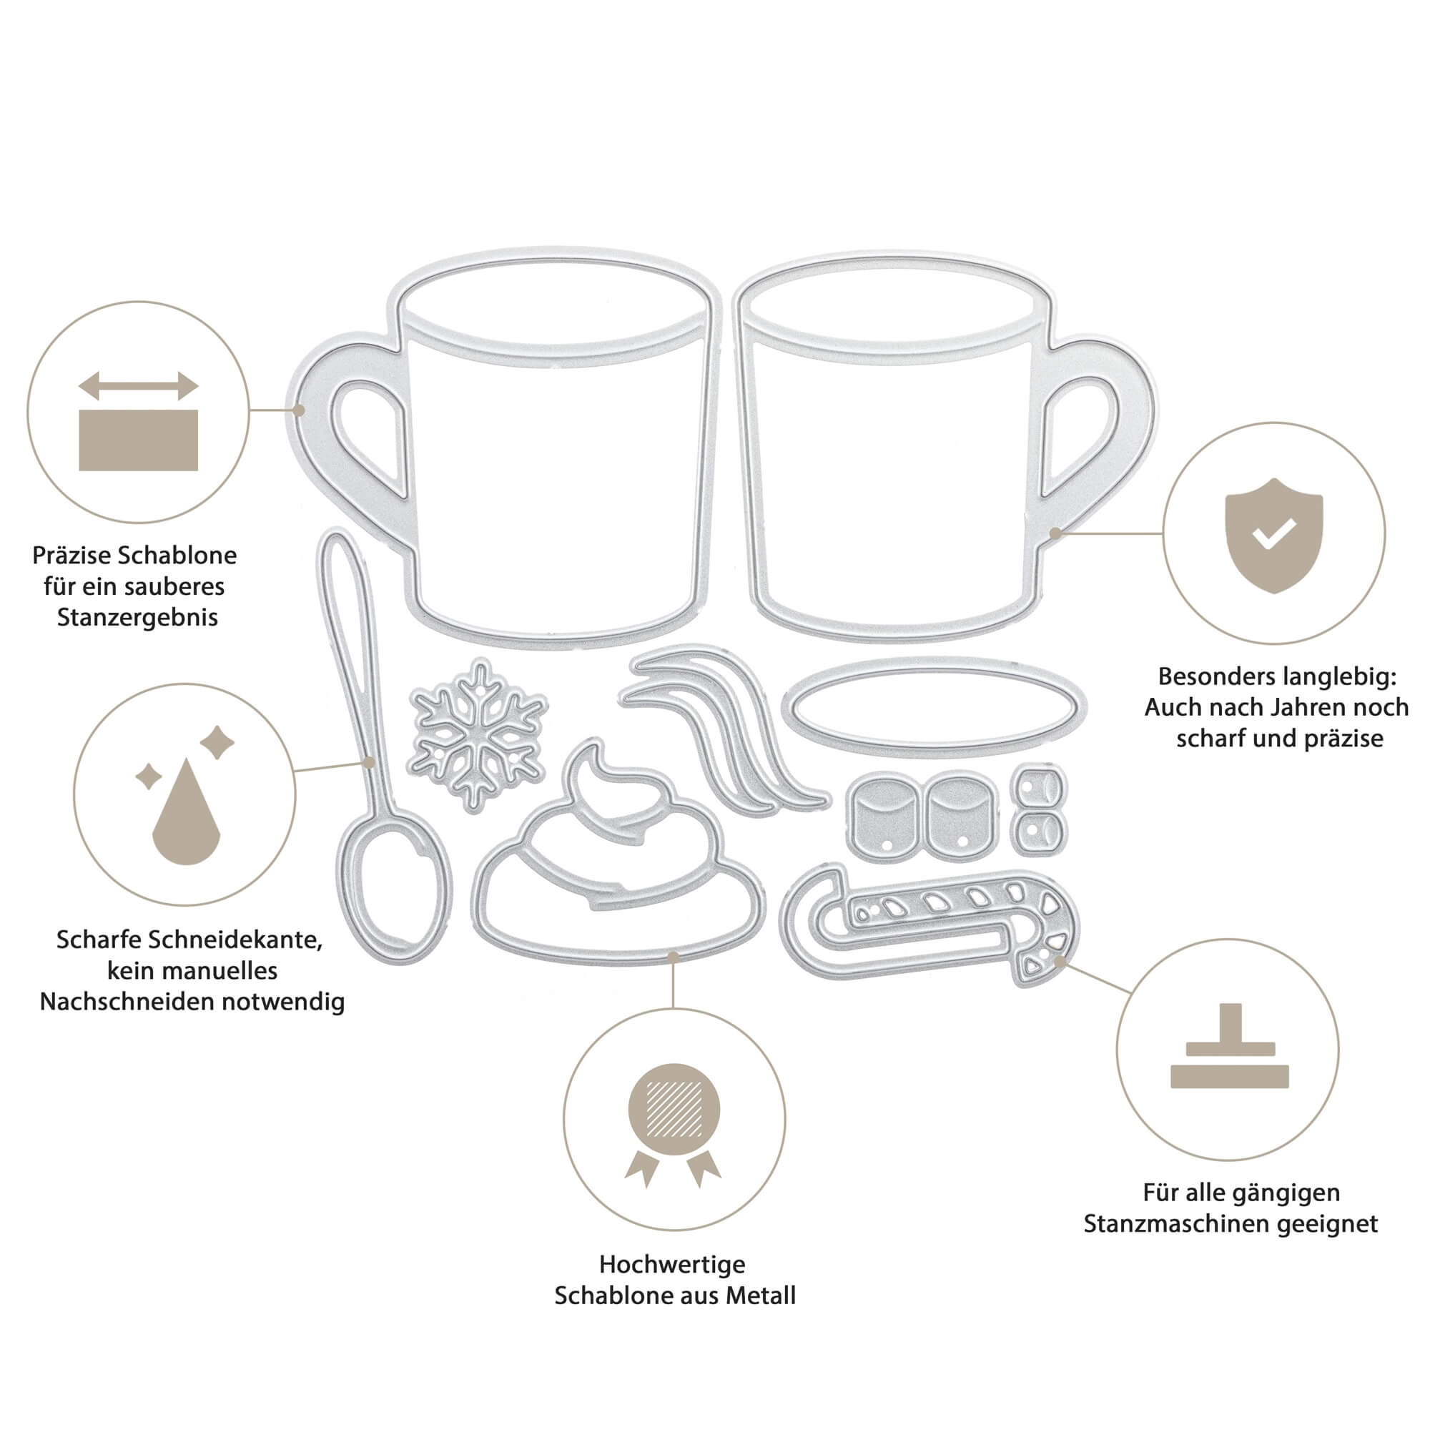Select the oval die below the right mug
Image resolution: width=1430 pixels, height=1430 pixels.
933,708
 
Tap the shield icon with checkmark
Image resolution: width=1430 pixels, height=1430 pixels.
1273,534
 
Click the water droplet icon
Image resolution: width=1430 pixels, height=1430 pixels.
186,814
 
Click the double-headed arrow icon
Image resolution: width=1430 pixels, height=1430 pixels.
139,385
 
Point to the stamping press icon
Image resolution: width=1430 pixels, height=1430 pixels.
1229,1046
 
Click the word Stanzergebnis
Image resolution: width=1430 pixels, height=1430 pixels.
138,617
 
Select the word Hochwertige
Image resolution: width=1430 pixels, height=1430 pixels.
672,1264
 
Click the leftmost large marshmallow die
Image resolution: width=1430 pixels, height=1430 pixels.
882,817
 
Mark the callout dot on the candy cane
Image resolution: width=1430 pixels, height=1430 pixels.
1060,961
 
